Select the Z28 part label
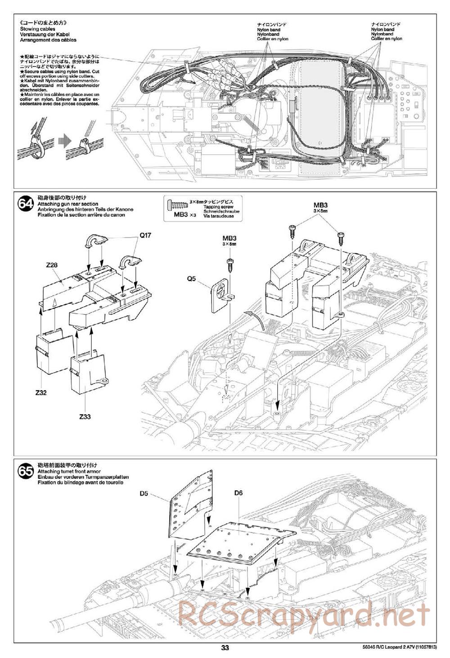coord(52,265)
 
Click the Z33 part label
coord(85,417)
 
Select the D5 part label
coord(144,493)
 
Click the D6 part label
coord(238,493)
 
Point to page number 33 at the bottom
coord(225,648)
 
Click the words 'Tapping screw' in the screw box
coord(215,207)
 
